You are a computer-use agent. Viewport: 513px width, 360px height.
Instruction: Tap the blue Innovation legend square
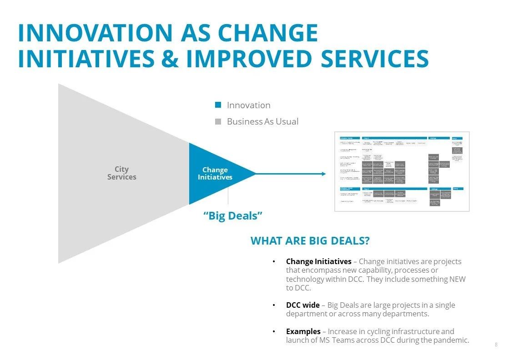(x=218, y=105)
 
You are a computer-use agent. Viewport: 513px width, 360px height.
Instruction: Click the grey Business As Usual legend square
(x=218, y=121)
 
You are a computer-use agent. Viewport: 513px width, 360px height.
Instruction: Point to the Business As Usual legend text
(x=262, y=121)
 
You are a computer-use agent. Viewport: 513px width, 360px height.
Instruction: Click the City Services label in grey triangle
(x=121, y=173)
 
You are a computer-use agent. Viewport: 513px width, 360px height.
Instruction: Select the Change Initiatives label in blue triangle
(x=215, y=173)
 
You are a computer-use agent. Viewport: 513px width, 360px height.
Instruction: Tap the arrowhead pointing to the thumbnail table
(x=323, y=174)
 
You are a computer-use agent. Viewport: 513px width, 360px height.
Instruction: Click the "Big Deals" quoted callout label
(x=233, y=215)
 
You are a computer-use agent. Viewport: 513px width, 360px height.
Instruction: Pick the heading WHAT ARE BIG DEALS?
(x=310, y=240)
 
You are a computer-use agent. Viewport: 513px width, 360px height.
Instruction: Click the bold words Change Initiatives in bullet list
(x=318, y=261)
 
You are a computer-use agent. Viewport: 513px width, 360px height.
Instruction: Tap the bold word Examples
(x=303, y=331)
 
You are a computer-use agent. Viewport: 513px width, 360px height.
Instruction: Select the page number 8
(x=496, y=345)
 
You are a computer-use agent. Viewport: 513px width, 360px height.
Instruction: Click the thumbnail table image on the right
(x=402, y=171)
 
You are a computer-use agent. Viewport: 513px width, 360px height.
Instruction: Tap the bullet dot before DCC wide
(x=273, y=305)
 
